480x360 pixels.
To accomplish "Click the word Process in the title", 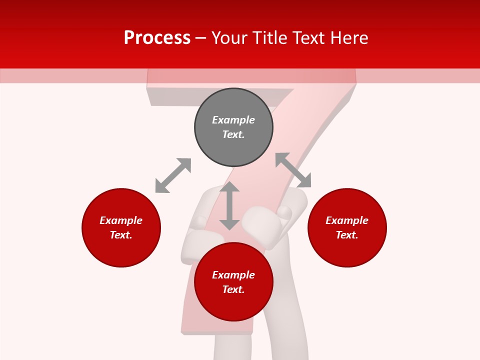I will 157,38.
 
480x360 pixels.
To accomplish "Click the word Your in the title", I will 229,38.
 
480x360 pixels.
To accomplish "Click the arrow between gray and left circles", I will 173,175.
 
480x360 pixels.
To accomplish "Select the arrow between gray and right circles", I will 293,170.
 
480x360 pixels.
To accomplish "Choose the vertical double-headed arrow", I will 229,206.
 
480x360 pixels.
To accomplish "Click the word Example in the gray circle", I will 233,120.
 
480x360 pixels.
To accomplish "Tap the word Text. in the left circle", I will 121,235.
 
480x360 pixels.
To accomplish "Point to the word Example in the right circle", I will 347,220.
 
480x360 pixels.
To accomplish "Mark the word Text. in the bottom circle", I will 233,289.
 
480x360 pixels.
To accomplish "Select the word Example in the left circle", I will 121,220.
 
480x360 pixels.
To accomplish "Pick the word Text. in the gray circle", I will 233,134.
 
